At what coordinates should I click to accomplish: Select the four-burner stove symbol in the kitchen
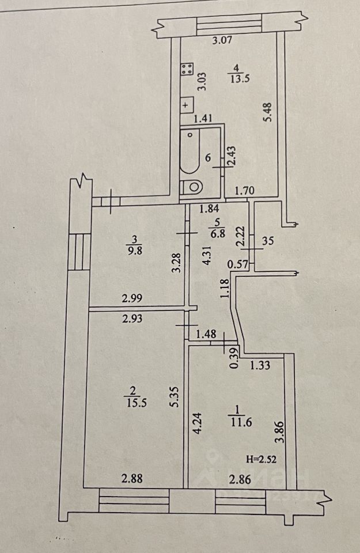coord(187,70)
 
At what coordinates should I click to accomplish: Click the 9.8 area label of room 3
coord(134,251)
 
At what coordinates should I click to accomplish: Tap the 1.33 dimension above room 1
coord(260,364)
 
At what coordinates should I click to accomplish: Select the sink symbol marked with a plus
coord(186,105)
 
